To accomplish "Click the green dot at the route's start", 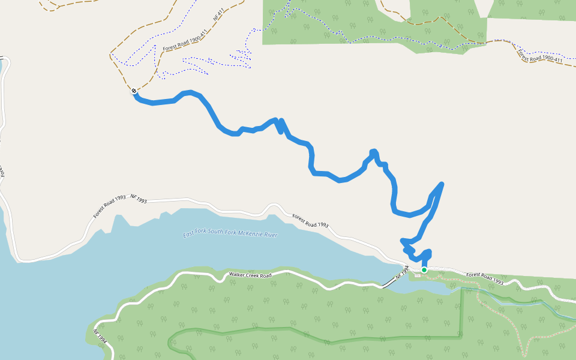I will point(424,270).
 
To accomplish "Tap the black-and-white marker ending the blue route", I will point(134,91).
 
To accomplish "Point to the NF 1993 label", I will point(139,200).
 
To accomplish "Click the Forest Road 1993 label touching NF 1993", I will point(109,208).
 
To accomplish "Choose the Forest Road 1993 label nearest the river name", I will point(310,220).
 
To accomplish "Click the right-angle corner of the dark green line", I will point(462,337).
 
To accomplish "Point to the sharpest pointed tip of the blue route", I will point(442,184).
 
